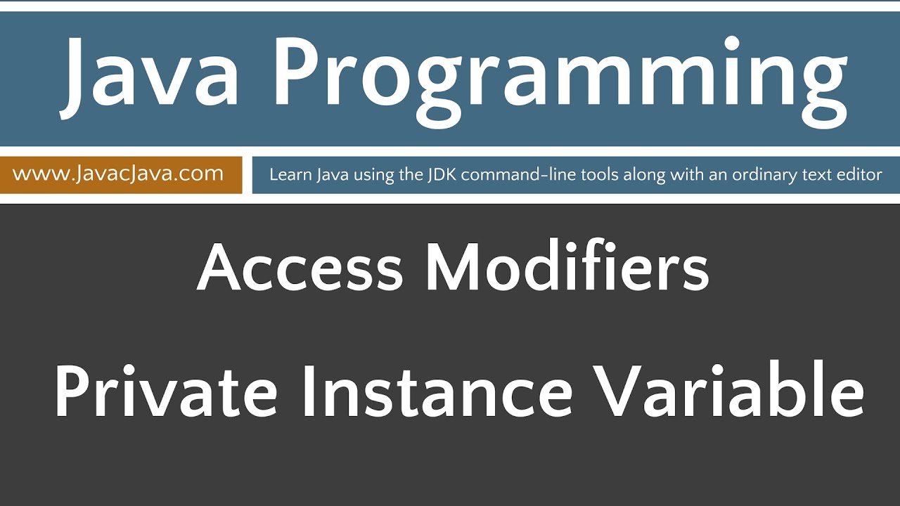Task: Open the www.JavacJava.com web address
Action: tap(118, 174)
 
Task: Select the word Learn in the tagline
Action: tap(288, 174)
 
